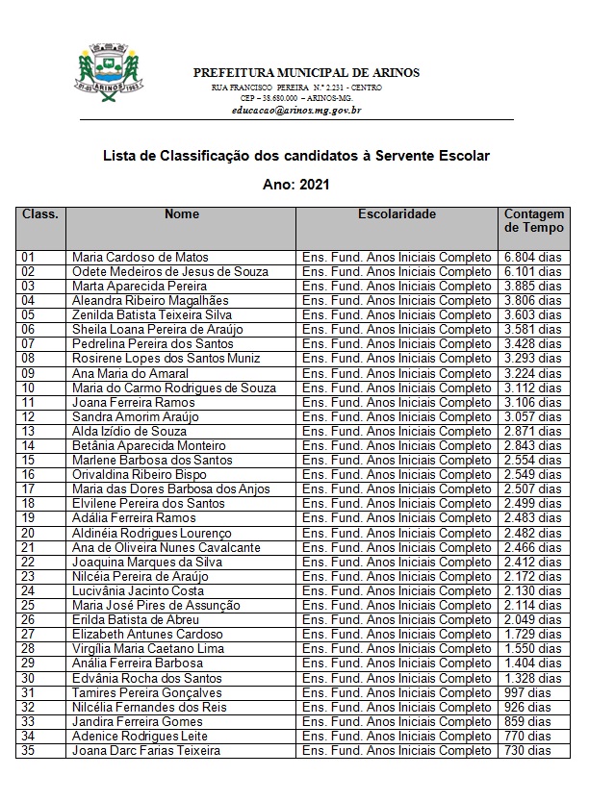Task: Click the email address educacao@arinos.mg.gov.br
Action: [296, 111]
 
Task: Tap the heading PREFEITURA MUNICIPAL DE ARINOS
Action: [306, 73]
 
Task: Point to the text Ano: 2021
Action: [295, 184]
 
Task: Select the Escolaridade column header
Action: [397, 214]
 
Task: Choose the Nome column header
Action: [181, 214]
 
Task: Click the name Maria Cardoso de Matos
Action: [141, 258]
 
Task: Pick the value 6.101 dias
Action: [532, 272]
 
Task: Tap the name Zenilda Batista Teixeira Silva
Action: [152, 315]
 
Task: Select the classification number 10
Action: [28, 388]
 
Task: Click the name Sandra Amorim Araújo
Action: [136, 417]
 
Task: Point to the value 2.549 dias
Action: [532, 475]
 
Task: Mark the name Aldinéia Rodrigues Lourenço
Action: [152, 534]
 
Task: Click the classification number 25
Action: [28, 606]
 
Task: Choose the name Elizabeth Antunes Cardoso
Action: [147, 635]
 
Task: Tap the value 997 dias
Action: [527, 693]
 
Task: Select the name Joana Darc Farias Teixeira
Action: [146, 751]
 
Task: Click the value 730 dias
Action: [527, 751]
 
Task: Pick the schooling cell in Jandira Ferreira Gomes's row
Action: [397, 722]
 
